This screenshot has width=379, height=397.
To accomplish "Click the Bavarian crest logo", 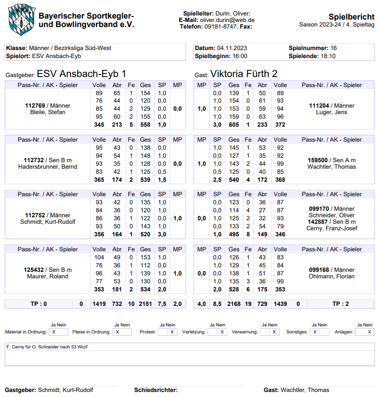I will tap(21, 19).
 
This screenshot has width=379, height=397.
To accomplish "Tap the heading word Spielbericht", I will tap(351, 17).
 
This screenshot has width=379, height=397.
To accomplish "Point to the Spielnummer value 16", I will tap(333, 48).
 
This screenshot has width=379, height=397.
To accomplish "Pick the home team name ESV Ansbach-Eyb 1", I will tap(82, 74).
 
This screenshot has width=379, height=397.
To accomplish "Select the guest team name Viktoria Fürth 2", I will tap(244, 74).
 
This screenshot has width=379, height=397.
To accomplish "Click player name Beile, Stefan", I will tap(48, 112).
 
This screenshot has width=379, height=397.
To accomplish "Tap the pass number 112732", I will tap(34, 160).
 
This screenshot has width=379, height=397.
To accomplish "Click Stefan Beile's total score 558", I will tap(145, 124).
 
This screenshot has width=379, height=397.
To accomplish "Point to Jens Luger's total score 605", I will tap(234, 124).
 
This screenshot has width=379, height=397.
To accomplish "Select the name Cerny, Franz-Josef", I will tap(331, 228).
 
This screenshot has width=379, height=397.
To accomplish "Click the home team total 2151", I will tap(145, 303).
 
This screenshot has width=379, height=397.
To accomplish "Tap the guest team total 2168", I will tap(234, 303).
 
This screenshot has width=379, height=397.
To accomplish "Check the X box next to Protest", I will tap(172, 332).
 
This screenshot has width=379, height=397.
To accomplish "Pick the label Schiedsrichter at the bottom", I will tap(156, 390).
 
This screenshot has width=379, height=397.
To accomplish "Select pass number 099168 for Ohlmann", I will tap(319, 270).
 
